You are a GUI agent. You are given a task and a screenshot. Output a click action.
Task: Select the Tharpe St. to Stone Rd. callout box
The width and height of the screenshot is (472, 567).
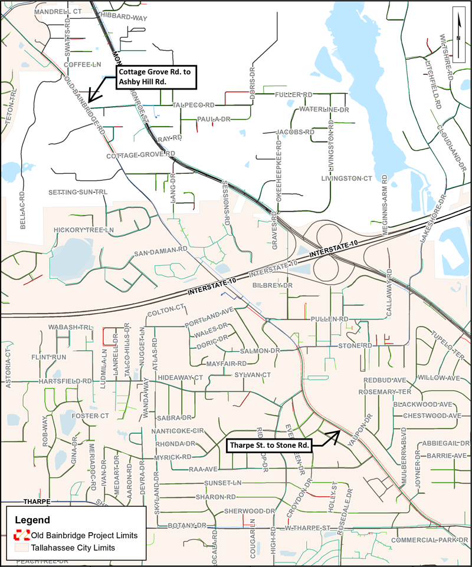pos(270,445)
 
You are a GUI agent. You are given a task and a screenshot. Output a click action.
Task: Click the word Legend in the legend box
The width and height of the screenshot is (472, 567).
pos(32,520)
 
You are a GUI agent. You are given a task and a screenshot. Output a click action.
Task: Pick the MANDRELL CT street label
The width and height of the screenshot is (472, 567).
pos(58,11)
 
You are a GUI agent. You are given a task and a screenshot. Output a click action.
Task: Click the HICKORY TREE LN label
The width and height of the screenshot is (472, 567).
pos(83,229)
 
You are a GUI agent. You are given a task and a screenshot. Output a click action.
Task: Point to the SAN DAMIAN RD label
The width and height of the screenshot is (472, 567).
pos(160,252)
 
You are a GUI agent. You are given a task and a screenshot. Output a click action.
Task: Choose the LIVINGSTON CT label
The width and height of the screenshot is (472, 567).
pos(347,178)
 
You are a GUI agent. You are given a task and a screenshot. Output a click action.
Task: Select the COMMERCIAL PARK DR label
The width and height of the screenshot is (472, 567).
pos(429,540)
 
